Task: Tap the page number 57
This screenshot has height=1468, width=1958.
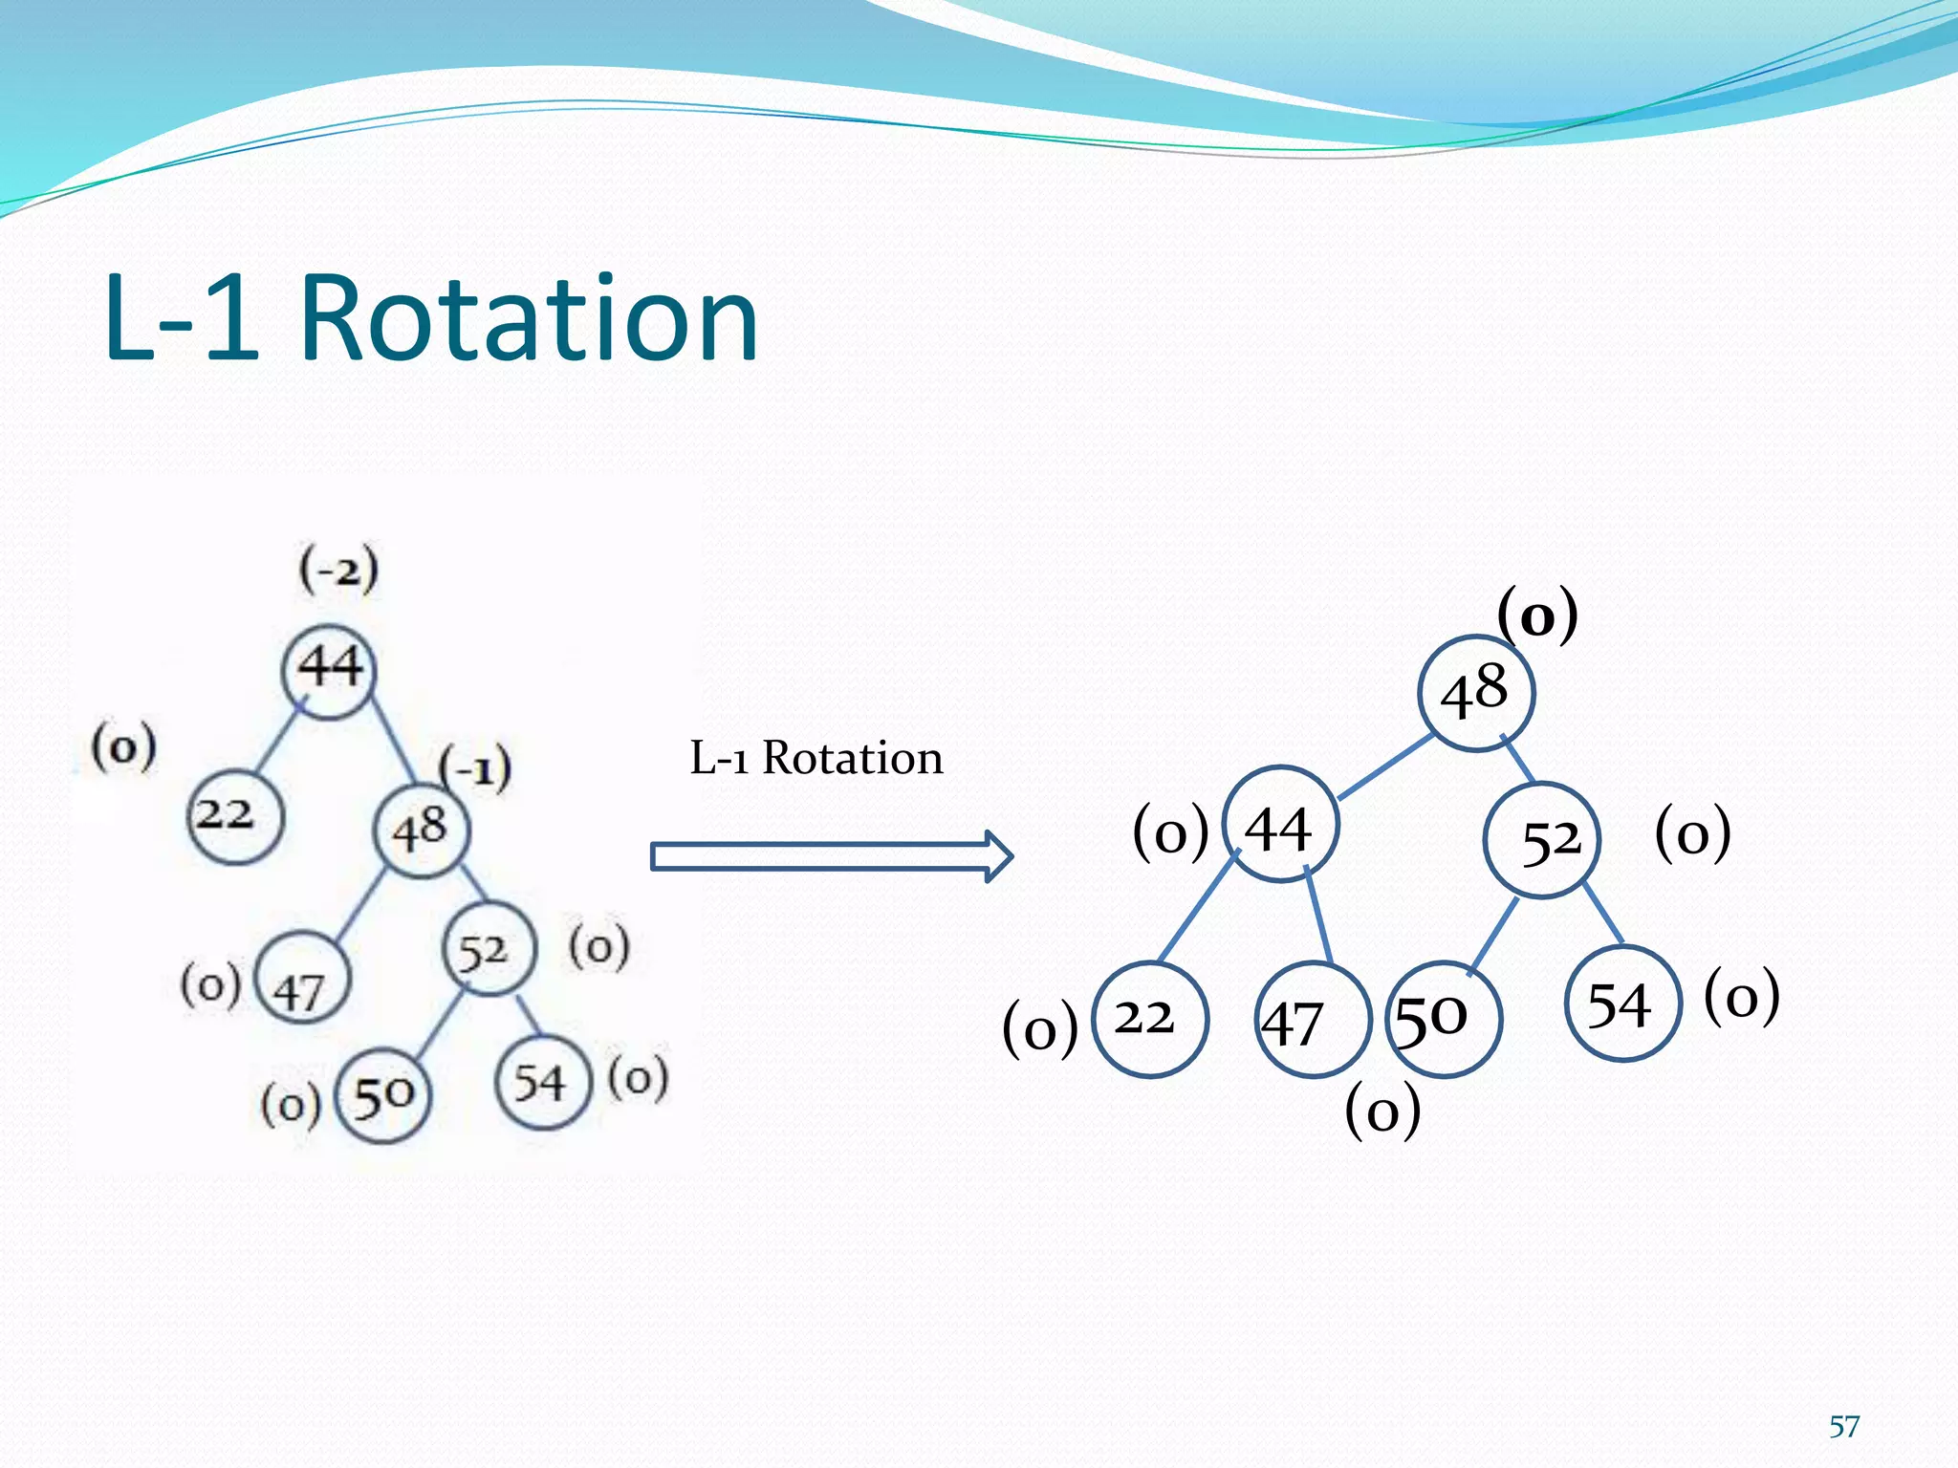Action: (x=1843, y=1426)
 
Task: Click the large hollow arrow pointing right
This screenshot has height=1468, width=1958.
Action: (x=830, y=856)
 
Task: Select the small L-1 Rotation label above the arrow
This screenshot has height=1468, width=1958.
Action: (x=816, y=758)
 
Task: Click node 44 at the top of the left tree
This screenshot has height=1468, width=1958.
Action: (x=329, y=670)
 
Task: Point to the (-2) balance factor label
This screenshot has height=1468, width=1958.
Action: (x=338, y=571)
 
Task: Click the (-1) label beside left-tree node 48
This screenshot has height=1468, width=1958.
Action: (x=475, y=767)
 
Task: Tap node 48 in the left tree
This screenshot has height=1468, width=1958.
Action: (x=421, y=830)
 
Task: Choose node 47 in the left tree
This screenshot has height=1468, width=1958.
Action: (x=303, y=978)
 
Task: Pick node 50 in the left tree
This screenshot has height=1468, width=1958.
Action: (x=383, y=1095)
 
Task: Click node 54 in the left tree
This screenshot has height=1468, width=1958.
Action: (x=542, y=1083)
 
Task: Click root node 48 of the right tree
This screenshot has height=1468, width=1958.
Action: (x=1475, y=693)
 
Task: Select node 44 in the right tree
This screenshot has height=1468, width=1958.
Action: (x=1279, y=824)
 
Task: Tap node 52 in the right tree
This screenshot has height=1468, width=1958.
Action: (x=1541, y=840)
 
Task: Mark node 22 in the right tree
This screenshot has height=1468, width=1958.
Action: (x=1149, y=1019)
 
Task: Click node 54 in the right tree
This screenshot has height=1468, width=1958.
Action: (x=1621, y=1004)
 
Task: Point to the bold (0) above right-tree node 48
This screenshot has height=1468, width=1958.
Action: (x=1536, y=616)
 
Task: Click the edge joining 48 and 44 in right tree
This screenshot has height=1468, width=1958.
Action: (x=1384, y=766)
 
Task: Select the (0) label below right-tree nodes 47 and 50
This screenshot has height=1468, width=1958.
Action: (x=1382, y=1112)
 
